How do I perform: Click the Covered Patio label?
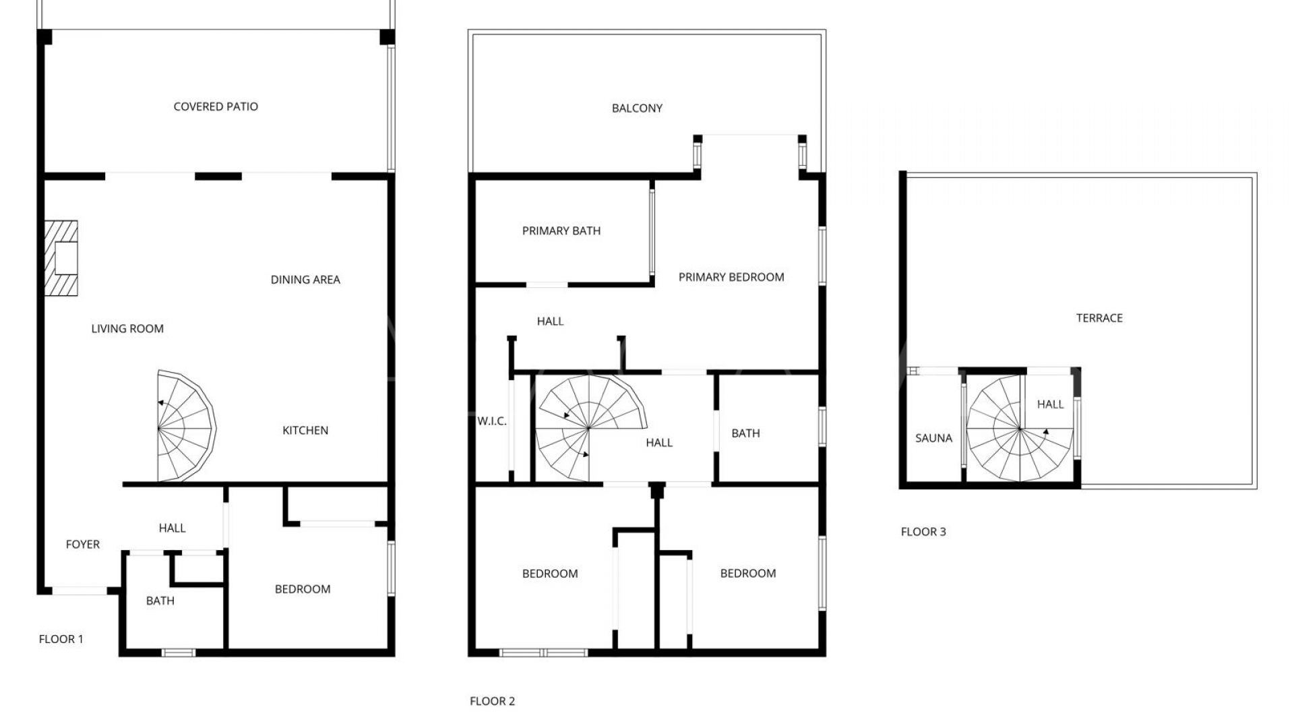coord(216,107)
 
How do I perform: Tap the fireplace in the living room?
coord(61,258)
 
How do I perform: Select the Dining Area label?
coord(305,280)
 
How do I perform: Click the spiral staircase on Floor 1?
coord(186,426)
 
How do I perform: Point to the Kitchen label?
coord(305,431)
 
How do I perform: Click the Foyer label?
coord(83,545)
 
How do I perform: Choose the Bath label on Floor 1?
coord(160,601)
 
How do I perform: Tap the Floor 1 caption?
coord(61,640)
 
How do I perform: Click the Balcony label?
coord(637,109)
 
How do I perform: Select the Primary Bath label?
coord(561,231)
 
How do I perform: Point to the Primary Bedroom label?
coord(731,277)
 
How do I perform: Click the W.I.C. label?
coord(492,421)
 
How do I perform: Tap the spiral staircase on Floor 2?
coord(591,428)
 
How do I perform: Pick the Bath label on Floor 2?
coord(746,433)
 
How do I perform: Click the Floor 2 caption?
coord(493,702)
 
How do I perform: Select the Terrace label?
coord(1099,318)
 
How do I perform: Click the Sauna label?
coord(934,438)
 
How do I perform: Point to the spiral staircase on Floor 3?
coord(1020,429)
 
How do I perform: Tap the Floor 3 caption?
coord(923,532)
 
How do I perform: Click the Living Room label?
coord(127,329)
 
